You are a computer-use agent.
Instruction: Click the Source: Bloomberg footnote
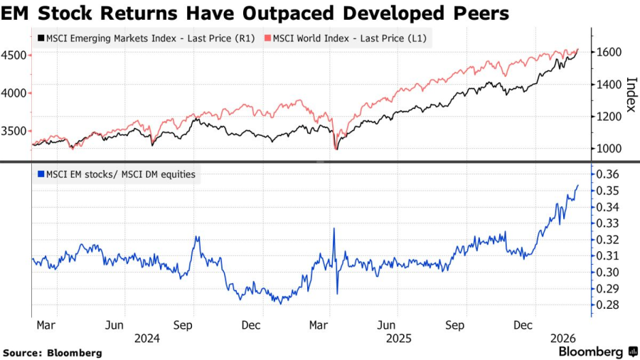(x=53, y=353)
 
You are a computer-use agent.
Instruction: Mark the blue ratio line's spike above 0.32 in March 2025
(x=334, y=228)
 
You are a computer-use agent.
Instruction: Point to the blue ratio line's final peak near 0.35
(x=577, y=186)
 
